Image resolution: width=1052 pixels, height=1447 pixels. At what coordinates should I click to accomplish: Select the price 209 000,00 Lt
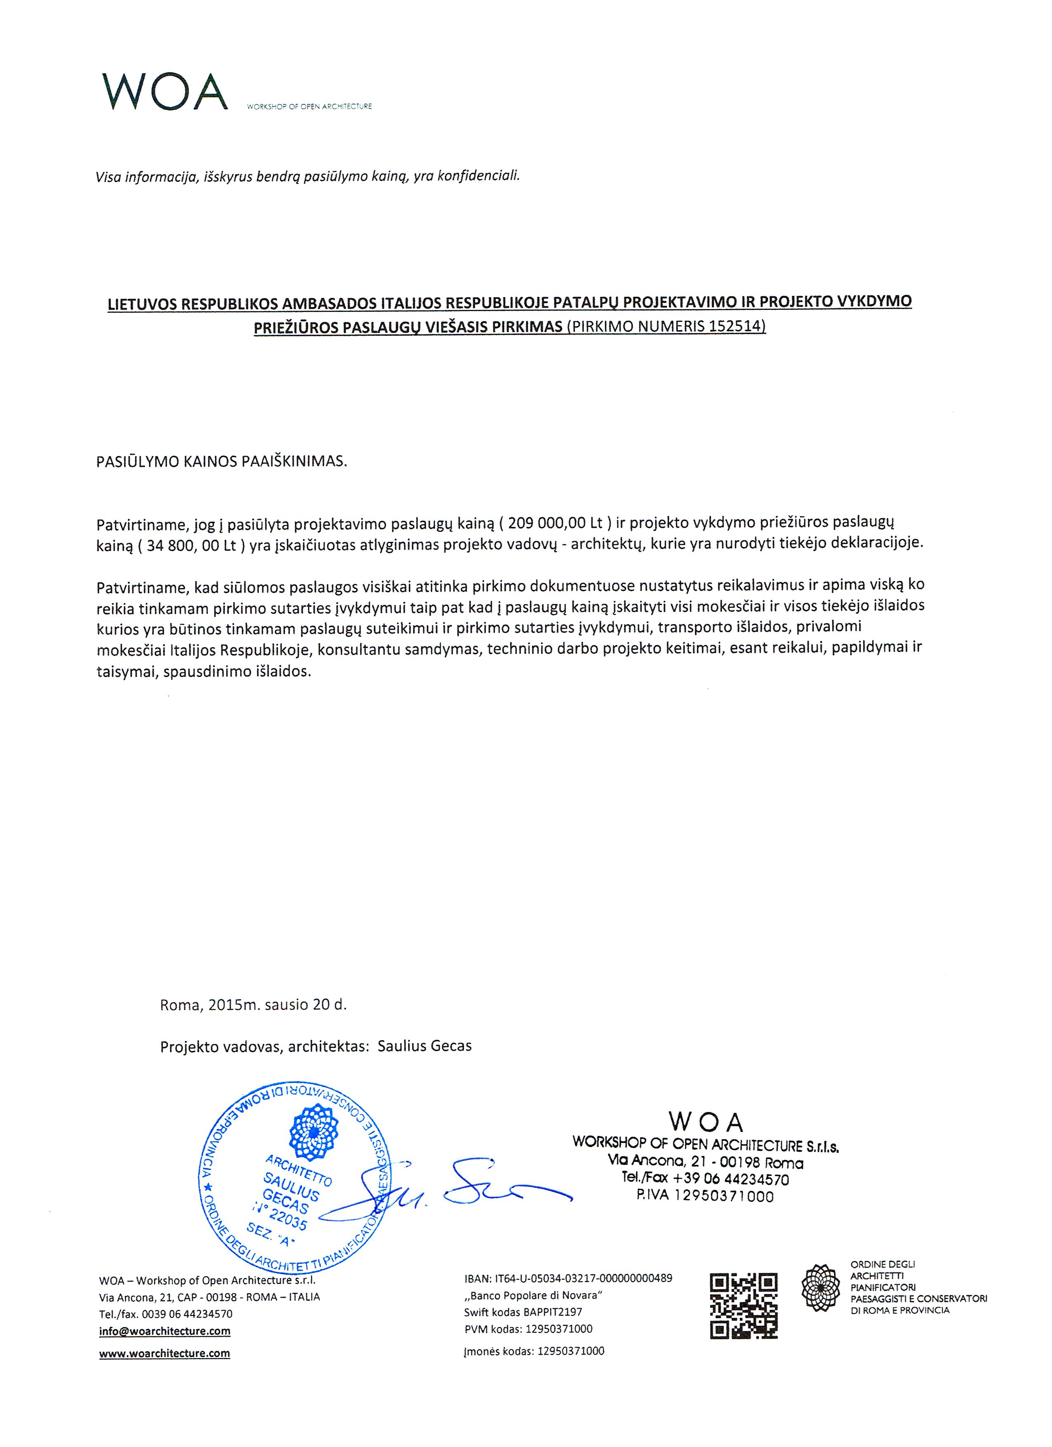pyautogui.click(x=554, y=523)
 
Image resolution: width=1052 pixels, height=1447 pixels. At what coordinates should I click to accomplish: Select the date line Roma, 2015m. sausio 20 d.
pyautogui.click(x=253, y=1004)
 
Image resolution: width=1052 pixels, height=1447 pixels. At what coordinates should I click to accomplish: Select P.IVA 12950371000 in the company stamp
pyautogui.click(x=705, y=1196)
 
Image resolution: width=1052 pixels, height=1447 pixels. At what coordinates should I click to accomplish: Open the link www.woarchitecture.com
pyautogui.click(x=165, y=1353)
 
